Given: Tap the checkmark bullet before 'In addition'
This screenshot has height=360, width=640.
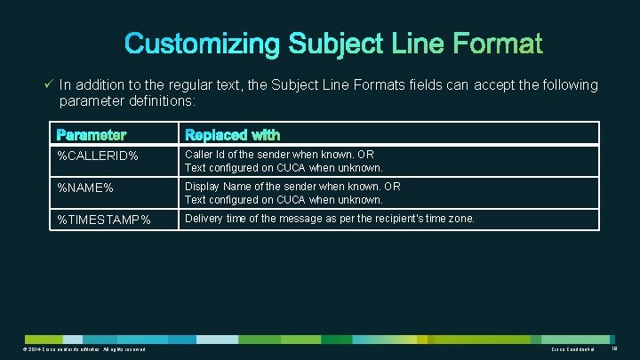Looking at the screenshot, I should point(49,84).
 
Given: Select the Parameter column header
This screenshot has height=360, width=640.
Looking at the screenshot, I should point(92,135).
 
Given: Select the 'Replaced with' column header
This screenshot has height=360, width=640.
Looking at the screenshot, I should point(232,135).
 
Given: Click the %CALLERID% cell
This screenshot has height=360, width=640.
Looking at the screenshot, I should point(98,156).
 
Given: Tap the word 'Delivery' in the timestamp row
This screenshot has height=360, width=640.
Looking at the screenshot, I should point(204,219).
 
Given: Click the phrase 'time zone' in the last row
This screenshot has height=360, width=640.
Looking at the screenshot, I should point(452,219).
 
